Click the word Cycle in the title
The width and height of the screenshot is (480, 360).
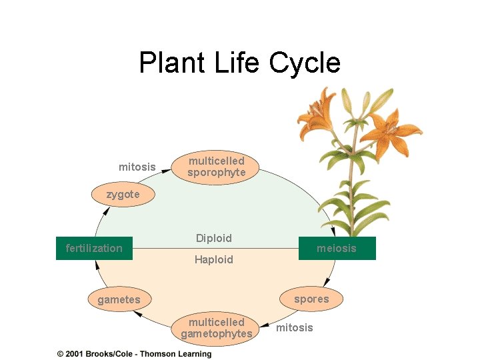[x=305, y=63]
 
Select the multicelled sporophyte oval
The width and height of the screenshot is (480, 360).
[x=216, y=167]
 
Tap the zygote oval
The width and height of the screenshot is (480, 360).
[x=123, y=195]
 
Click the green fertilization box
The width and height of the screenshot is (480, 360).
[x=94, y=248]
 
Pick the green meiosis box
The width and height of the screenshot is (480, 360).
[x=337, y=248]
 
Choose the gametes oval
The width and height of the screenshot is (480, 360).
[x=119, y=299]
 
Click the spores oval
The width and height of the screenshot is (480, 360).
[x=311, y=299]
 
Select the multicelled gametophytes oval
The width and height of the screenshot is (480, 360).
[x=217, y=327]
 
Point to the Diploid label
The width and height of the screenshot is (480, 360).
[x=214, y=238]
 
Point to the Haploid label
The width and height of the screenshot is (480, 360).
[x=214, y=259]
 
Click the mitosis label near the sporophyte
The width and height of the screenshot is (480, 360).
[x=137, y=167]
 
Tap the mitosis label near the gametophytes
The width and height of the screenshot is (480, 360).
[x=294, y=327]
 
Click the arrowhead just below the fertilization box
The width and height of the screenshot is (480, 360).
[x=97, y=265]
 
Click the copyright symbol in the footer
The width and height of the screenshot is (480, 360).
[x=60, y=354]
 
